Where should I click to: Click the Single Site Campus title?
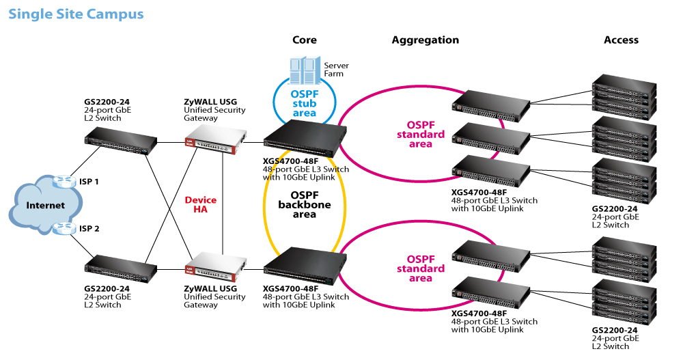(76, 14)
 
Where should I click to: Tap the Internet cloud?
(45, 206)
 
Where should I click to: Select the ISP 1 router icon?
(64, 181)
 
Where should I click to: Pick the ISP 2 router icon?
(64, 228)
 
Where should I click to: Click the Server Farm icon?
(305, 70)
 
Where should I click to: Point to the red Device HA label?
(200, 204)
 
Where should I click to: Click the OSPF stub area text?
(305, 104)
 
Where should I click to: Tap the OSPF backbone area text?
(305, 205)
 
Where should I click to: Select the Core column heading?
(305, 40)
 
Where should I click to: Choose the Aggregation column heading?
(425, 40)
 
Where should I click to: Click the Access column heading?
(621, 40)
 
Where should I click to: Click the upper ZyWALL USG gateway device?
(216, 139)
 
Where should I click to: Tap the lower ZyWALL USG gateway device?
(216, 266)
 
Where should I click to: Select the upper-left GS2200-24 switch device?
(120, 141)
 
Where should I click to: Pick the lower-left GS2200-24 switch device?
(120, 269)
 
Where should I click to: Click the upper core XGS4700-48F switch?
(305, 138)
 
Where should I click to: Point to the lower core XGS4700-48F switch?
(305, 266)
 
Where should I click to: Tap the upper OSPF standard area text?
(421, 135)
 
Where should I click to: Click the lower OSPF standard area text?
(421, 269)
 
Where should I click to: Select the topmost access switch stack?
(624, 97)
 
